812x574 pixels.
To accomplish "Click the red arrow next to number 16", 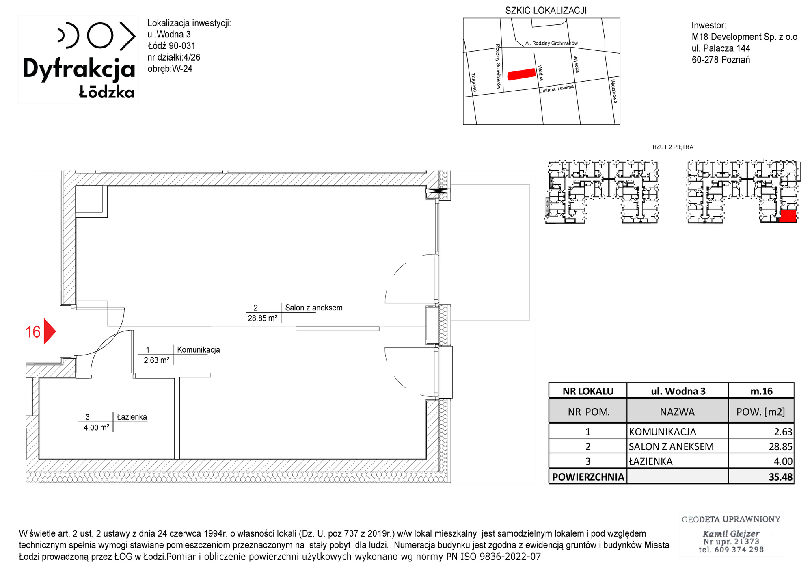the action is pyautogui.click(x=49, y=331).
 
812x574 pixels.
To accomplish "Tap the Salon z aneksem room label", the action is pyautogui.click(x=314, y=308).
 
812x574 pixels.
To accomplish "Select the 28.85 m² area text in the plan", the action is pyautogui.click(x=263, y=318).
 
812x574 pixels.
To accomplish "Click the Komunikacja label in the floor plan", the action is pyautogui.click(x=199, y=349).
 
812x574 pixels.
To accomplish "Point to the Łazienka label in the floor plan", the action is pyautogui.click(x=132, y=417).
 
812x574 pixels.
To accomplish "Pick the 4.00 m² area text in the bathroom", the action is pyautogui.click(x=97, y=427).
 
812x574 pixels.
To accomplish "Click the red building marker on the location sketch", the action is pyautogui.click(x=522, y=74).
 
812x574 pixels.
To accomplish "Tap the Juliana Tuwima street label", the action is pyautogui.click(x=557, y=89).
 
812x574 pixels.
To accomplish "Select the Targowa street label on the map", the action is pyautogui.click(x=474, y=82).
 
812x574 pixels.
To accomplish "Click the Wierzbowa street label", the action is pyautogui.click(x=614, y=91).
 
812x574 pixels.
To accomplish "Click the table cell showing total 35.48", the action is pyautogui.click(x=761, y=477).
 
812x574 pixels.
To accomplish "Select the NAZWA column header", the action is pyautogui.click(x=677, y=412).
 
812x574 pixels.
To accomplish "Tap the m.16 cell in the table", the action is pyautogui.click(x=761, y=391).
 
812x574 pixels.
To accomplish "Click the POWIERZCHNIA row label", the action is pyautogui.click(x=588, y=477).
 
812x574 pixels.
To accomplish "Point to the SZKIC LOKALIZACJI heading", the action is pyautogui.click(x=546, y=11).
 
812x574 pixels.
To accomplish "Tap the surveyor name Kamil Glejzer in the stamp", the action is pyautogui.click(x=731, y=533).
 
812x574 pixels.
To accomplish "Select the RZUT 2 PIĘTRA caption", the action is pyautogui.click(x=673, y=147).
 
